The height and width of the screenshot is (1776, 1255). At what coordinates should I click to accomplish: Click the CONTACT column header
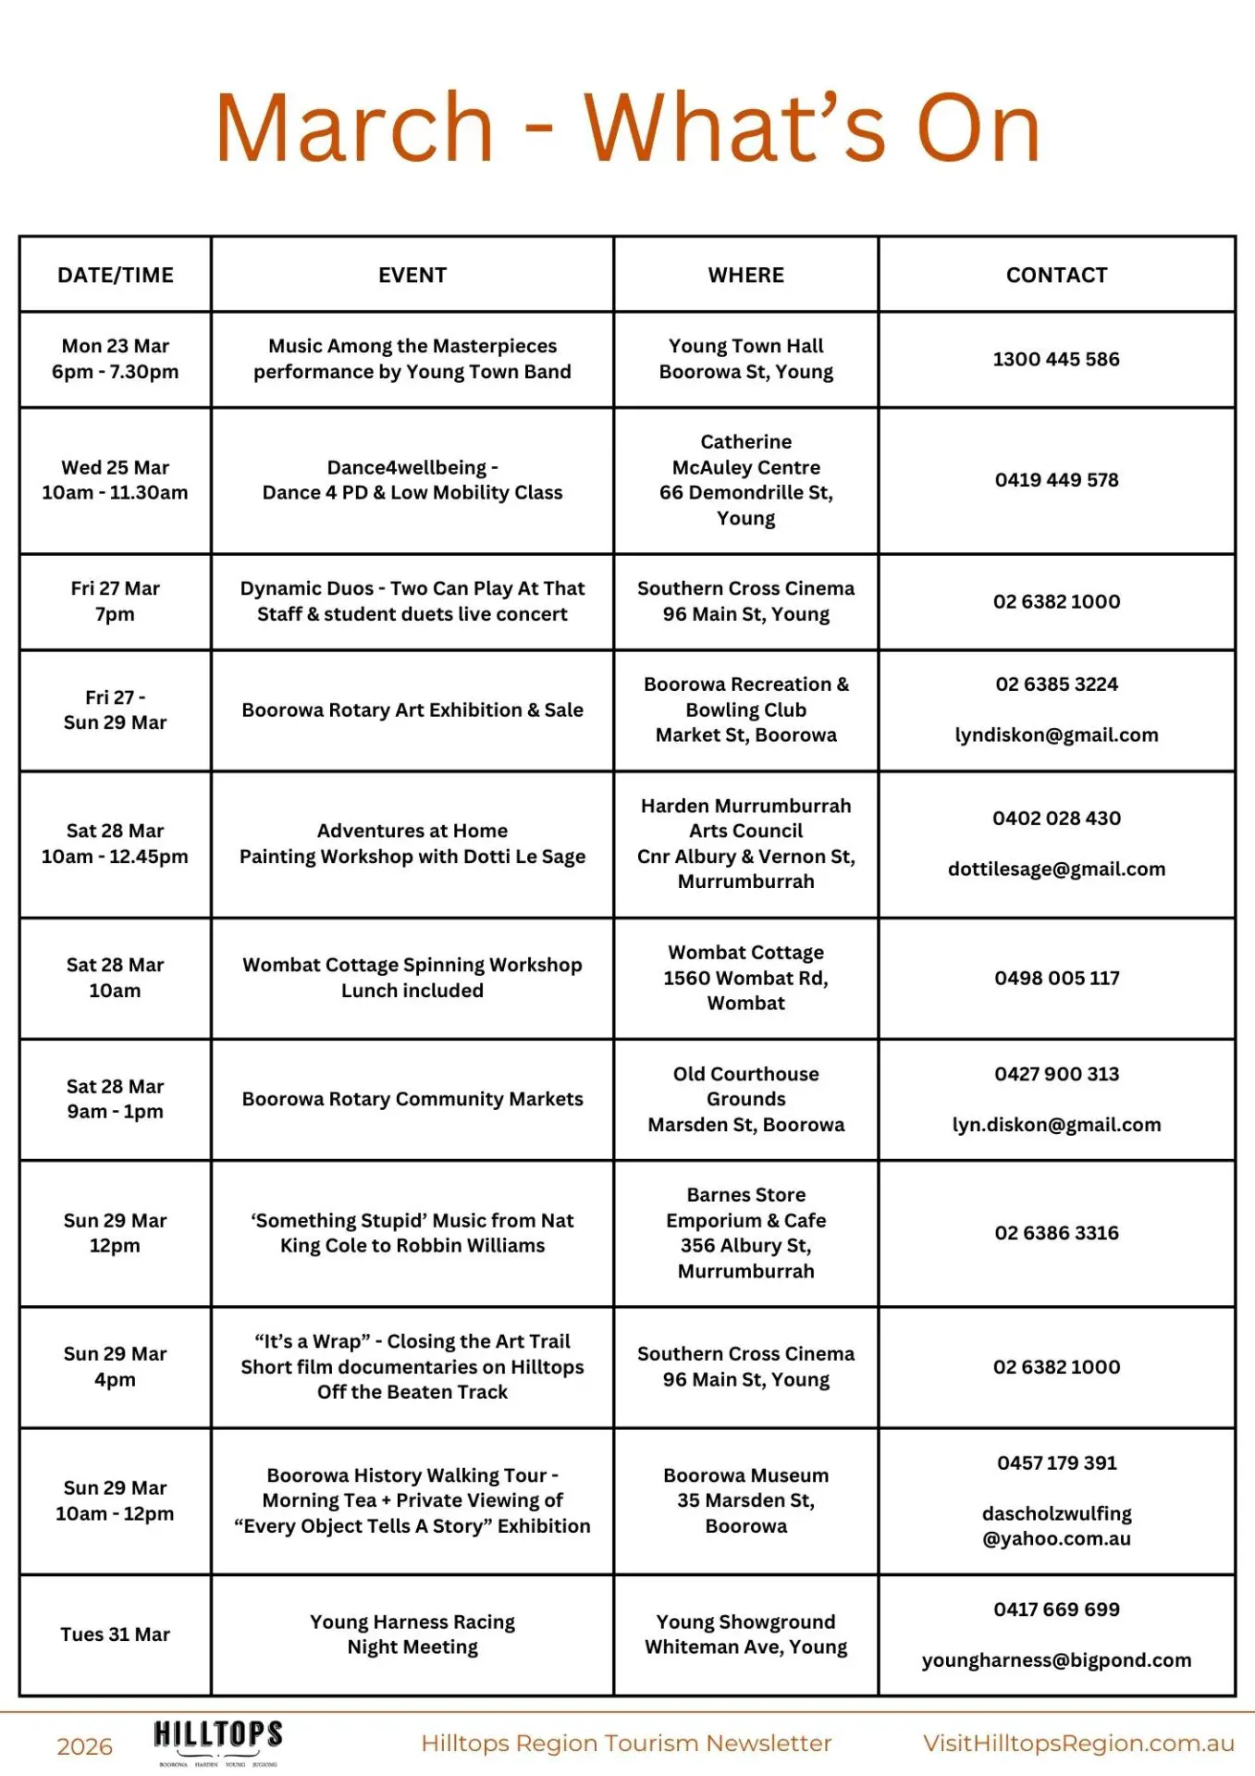click(x=1056, y=275)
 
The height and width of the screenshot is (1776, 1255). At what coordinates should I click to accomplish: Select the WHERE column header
click(x=745, y=275)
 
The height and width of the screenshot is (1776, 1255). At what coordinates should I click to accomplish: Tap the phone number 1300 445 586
click(x=1056, y=359)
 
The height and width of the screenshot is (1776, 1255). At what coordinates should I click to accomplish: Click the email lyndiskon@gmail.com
click(x=1056, y=735)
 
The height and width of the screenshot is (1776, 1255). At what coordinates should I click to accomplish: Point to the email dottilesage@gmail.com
click(x=1056, y=869)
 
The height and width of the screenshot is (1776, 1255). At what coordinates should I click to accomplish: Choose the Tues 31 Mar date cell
click(x=116, y=1634)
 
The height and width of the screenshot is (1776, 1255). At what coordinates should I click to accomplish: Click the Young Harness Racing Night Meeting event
click(x=412, y=1634)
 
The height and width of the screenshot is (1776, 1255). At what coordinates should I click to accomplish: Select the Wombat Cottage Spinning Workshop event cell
click(x=412, y=978)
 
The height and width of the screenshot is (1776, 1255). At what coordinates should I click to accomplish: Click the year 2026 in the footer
click(x=84, y=1746)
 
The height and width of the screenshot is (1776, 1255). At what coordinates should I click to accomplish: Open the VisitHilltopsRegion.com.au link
click(x=1078, y=1744)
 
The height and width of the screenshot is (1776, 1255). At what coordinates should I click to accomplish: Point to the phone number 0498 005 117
click(x=1056, y=978)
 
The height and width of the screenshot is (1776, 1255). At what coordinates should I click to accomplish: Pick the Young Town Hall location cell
click(x=745, y=359)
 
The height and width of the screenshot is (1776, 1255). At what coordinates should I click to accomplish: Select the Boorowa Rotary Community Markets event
click(x=412, y=1099)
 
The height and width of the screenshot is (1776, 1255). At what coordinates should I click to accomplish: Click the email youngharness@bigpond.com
click(x=1056, y=1660)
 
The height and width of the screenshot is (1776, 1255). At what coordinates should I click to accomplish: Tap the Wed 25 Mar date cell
click(x=116, y=480)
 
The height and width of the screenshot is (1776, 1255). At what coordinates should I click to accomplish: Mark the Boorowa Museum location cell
click(x=745, y=1500)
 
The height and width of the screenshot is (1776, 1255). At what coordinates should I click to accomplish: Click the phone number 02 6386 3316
click(x=1056, y=1233)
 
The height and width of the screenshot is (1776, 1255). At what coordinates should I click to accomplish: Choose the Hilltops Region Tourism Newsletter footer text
click(x=626, y=1744)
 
